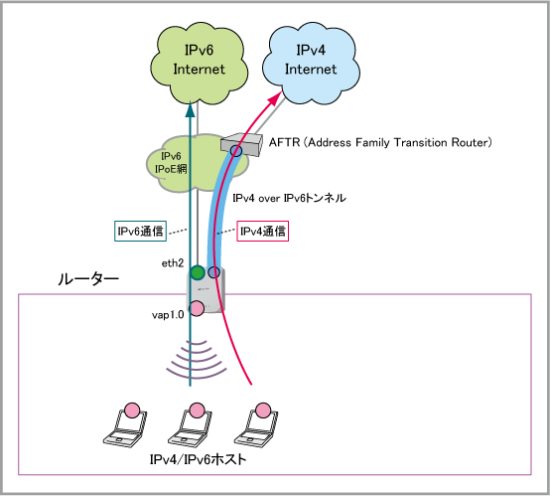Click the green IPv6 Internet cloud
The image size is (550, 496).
click(199, 63)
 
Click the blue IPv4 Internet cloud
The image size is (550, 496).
click(311, 63)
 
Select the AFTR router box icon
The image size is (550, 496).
click(242, 145)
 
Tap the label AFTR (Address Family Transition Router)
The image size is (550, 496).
click(380, 142)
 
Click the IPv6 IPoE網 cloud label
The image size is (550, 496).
click(171, 163)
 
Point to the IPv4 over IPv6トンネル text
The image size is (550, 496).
click(289, 198)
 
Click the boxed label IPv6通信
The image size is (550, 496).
click(140, 231)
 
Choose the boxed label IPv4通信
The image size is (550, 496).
click(263, 231)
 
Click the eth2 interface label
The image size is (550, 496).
click(173, 263)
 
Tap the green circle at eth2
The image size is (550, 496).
click(198, 272)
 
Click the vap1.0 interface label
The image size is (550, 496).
click(168, 315)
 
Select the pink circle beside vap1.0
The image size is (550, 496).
click(197, 308)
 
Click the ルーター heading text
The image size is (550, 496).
click(88, 279)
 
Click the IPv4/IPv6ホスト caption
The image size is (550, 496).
click(199, 459)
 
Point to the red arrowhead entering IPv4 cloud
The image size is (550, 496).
click(275, 98)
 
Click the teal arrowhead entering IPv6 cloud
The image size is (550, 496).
click(190, 109)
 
